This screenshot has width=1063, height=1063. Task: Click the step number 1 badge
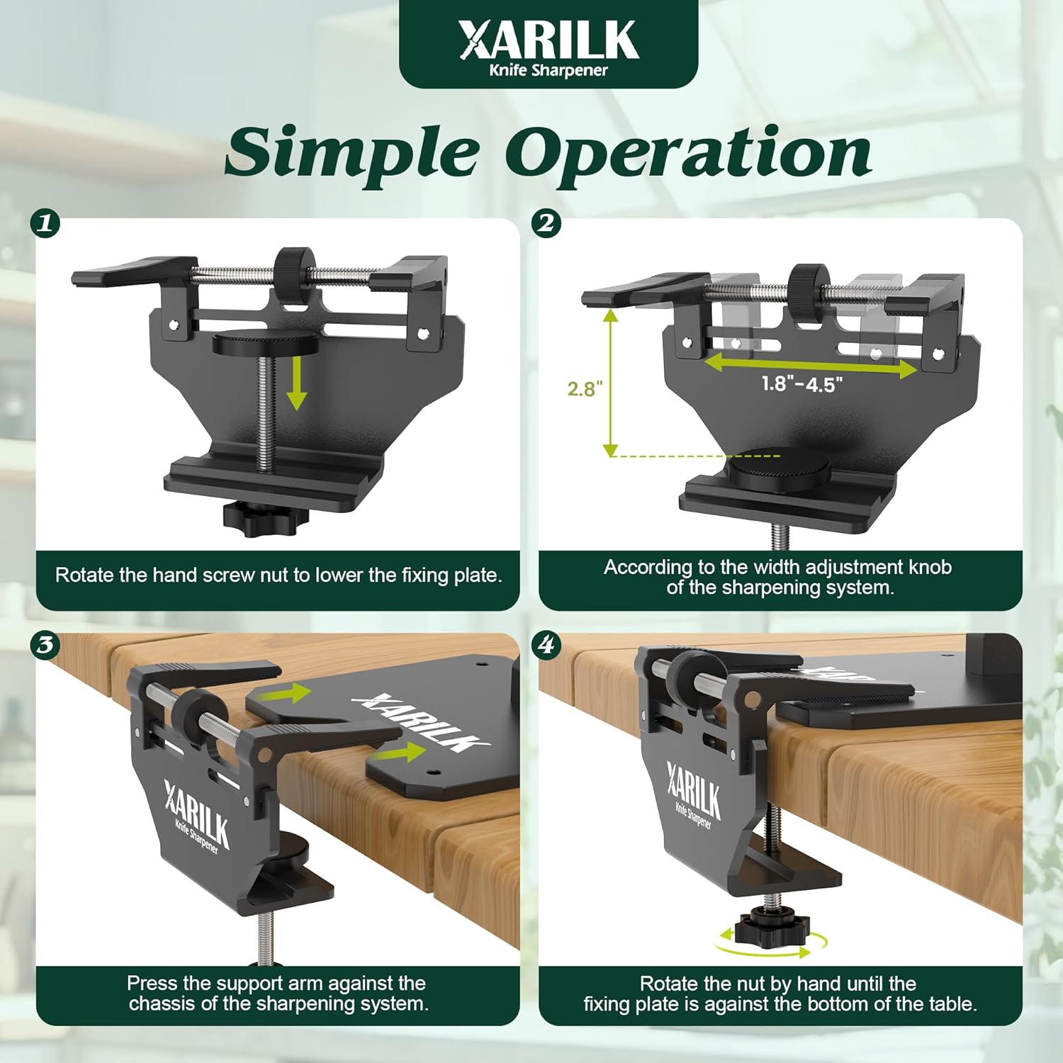coord(45,224)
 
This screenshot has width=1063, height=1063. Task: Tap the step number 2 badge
coord(546,224)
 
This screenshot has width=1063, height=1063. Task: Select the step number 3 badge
coord(45,645)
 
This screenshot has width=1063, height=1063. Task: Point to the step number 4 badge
coord(546,645)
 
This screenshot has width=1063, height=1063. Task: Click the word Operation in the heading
coord(688,153)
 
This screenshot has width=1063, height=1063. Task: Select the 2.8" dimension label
coord(585,388)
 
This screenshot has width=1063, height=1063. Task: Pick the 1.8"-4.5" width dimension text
coord(802,384)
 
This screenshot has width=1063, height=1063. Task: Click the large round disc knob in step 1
coord(264,344)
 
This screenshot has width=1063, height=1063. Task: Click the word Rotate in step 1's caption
coord(84,575)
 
